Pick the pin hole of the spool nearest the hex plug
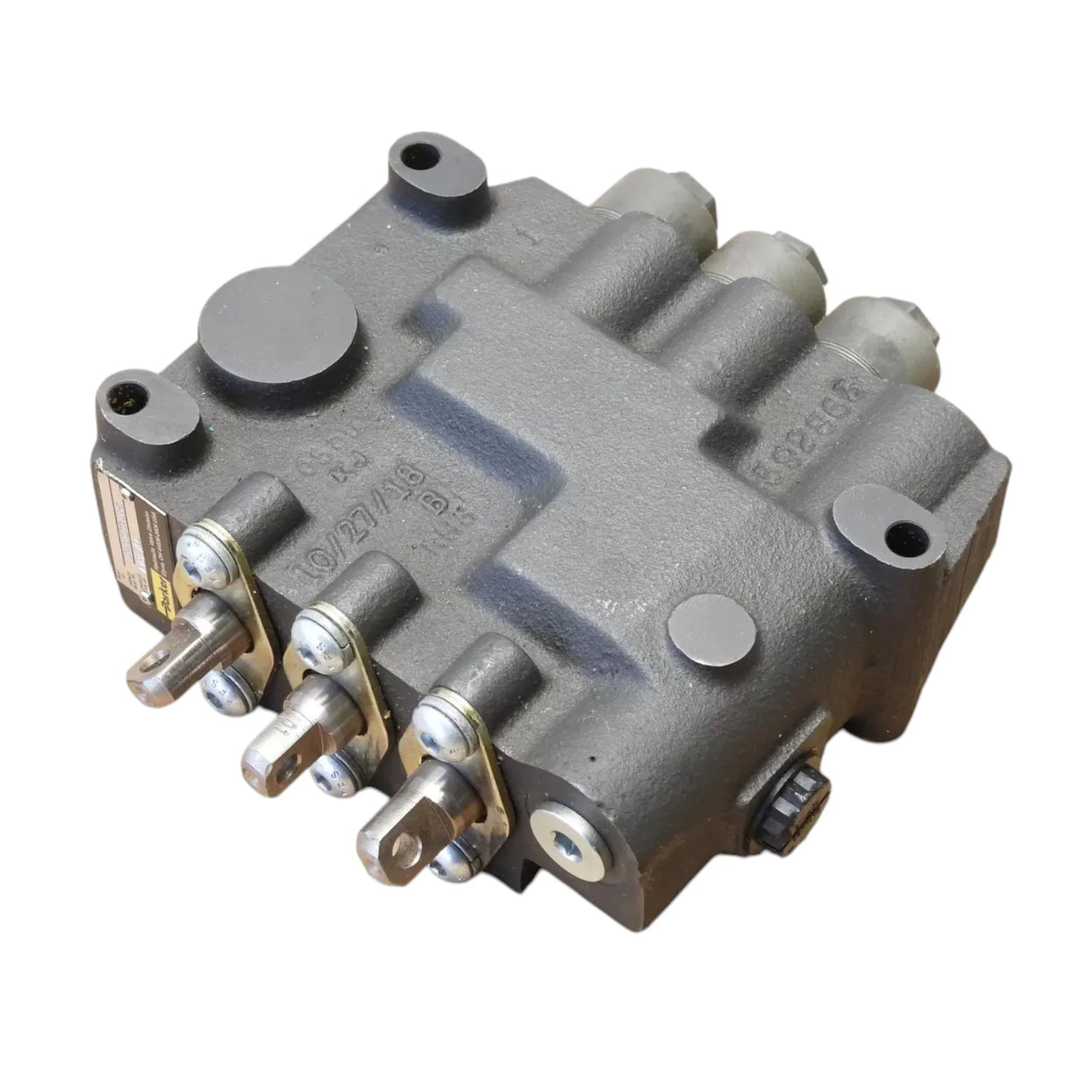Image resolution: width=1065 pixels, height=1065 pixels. [403, 845]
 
